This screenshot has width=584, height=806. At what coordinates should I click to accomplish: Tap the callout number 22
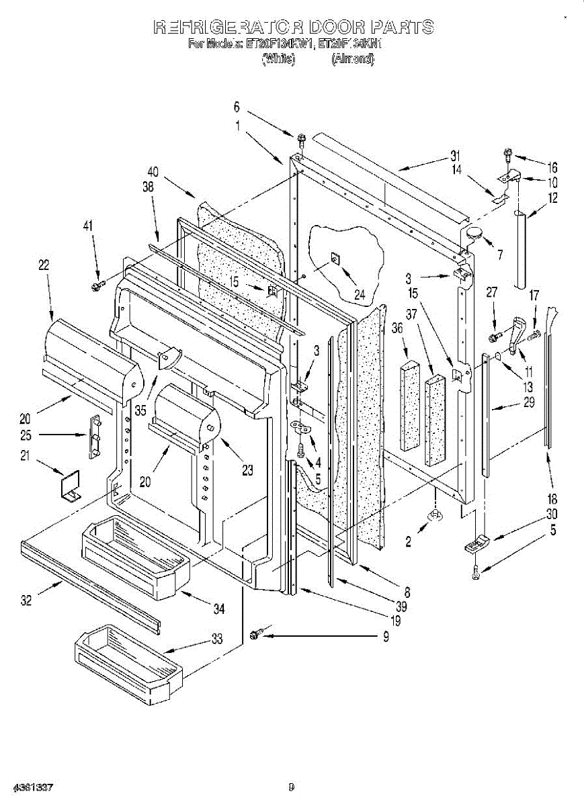click(x=44, y=265)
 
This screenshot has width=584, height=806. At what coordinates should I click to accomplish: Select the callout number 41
click(x=88, y=227)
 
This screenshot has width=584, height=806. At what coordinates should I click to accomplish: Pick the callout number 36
click(x=397, y=328)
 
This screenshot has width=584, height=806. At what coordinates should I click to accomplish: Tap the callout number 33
click(x=217, y=639)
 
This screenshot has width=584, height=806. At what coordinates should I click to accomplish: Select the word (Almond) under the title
click(x=352, y=59)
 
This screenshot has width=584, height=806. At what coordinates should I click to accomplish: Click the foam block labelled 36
click(x=410, y=406)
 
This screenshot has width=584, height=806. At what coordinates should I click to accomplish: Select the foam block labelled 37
click(x=435, y=420)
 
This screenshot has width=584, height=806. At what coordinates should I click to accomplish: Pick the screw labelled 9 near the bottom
click(x=255, y=633)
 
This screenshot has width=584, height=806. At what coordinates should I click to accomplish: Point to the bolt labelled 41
click(x=95, y=287)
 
